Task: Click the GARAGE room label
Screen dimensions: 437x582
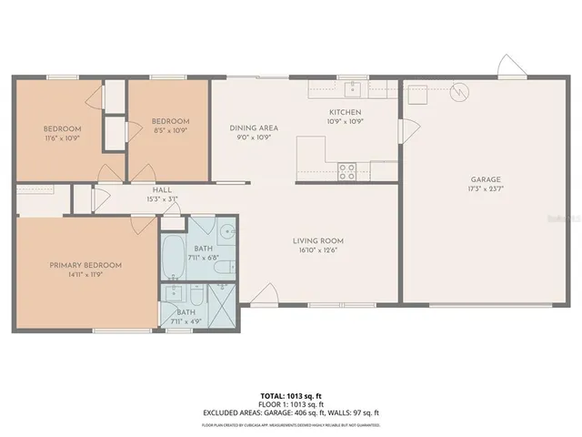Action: pyautogui.click(x=486, y=180)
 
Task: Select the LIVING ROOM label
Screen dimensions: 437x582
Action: pyautogui.click(x=317, y=241)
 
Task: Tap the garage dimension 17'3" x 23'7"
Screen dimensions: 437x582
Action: pyautogui.click(x=486, y=189)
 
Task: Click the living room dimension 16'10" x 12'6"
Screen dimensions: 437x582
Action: pyautogui.click(x=317, y=250)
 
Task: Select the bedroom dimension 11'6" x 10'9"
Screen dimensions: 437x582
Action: pyautogui.click(x=62, y=137)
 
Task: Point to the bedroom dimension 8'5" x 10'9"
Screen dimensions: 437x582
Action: pyautogui.click(x=170, y=130)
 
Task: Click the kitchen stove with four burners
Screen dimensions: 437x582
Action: pyautogui.click(x=347, y=170)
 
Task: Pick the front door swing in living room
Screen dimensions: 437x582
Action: pyautogui.click(x=265, y=294)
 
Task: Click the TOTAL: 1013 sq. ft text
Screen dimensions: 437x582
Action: pyautogui.click(x=290, y=395)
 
